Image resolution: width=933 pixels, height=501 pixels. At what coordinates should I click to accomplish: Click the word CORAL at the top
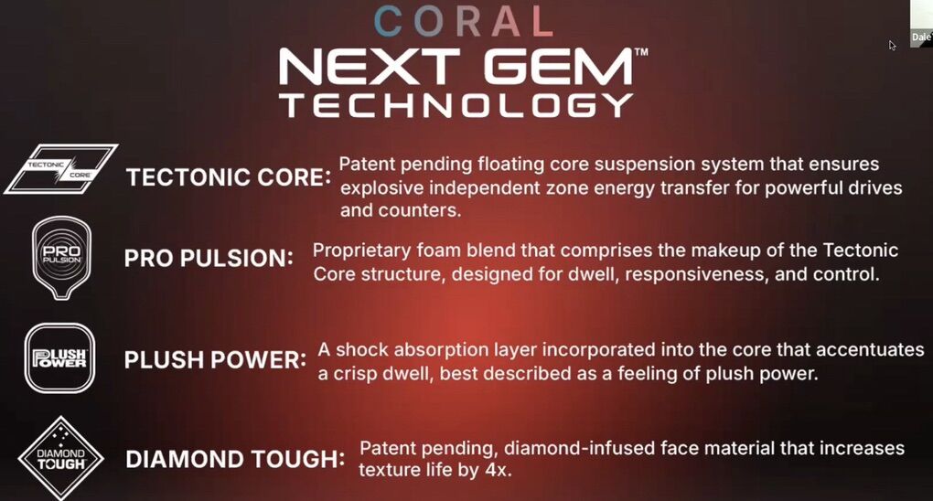[464, 21]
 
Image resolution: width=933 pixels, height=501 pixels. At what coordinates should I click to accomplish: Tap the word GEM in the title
[560, 67]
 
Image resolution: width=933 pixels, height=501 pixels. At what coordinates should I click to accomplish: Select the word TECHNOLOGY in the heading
[457, 105]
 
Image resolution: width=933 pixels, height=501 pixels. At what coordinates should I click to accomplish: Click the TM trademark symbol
[641, 52]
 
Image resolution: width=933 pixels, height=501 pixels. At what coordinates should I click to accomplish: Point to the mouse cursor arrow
[892, 45]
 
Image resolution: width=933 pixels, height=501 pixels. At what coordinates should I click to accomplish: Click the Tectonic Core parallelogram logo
[61, 169]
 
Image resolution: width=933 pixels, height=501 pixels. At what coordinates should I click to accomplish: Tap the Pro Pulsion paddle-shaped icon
[61, 257]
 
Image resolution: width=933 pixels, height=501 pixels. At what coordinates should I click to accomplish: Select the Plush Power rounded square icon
[59, 358]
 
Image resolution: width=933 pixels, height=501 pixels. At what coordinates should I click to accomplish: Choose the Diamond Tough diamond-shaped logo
[60, 458]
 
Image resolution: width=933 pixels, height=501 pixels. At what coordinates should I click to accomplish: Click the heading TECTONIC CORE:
[229, 177]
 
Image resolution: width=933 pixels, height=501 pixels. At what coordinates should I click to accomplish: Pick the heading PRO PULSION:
[209, 258]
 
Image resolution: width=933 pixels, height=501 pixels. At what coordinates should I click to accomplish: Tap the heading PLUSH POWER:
[215, 360]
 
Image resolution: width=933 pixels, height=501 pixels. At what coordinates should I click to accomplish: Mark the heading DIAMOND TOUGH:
[235, 459]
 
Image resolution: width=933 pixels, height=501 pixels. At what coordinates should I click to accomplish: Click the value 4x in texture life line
[498, 470]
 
